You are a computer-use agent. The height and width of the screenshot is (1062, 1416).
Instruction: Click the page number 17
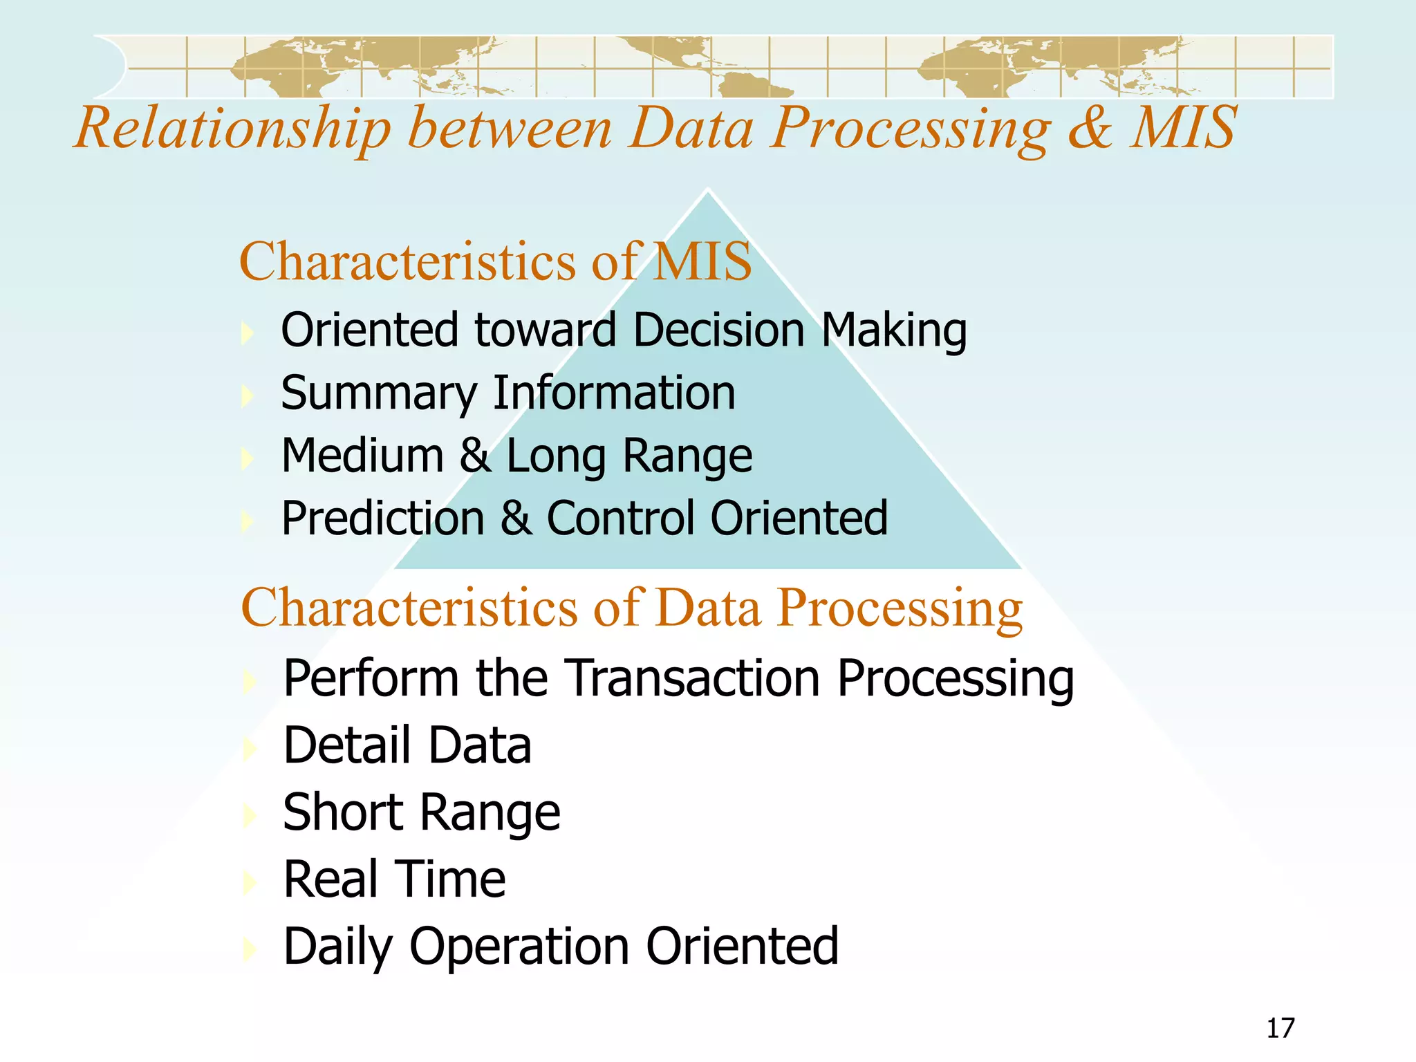pyautogui.click(x=1280, y=1028)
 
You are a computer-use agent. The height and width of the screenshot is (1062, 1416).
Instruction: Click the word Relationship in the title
pyautogui.click(x=233, y=129)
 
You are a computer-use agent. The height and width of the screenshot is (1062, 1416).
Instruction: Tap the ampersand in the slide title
pyautogui.click(x=1090, y=128)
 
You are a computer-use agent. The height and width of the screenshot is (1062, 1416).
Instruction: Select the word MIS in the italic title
pyautogui.click(x=1184, y=128)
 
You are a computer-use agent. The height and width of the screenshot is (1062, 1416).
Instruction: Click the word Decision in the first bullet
pyautogui.click(x=718, y=330)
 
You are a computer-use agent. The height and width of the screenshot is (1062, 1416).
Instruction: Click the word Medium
pyautogui.click(x=362, y=456)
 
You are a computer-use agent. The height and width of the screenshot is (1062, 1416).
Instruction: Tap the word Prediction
pyautogui.click(x=383, y=519)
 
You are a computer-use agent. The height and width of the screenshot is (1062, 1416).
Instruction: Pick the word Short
pyautogui.click(x=344, y=812)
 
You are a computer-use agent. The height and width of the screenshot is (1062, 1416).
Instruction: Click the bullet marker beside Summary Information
pyautogui.click(x=248, y=395)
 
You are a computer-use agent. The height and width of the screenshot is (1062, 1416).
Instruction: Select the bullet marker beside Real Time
pyautogui.click(x=250, y=881)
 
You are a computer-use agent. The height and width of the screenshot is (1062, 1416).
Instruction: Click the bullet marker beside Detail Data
pyautogui.click(x=250, y=747)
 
